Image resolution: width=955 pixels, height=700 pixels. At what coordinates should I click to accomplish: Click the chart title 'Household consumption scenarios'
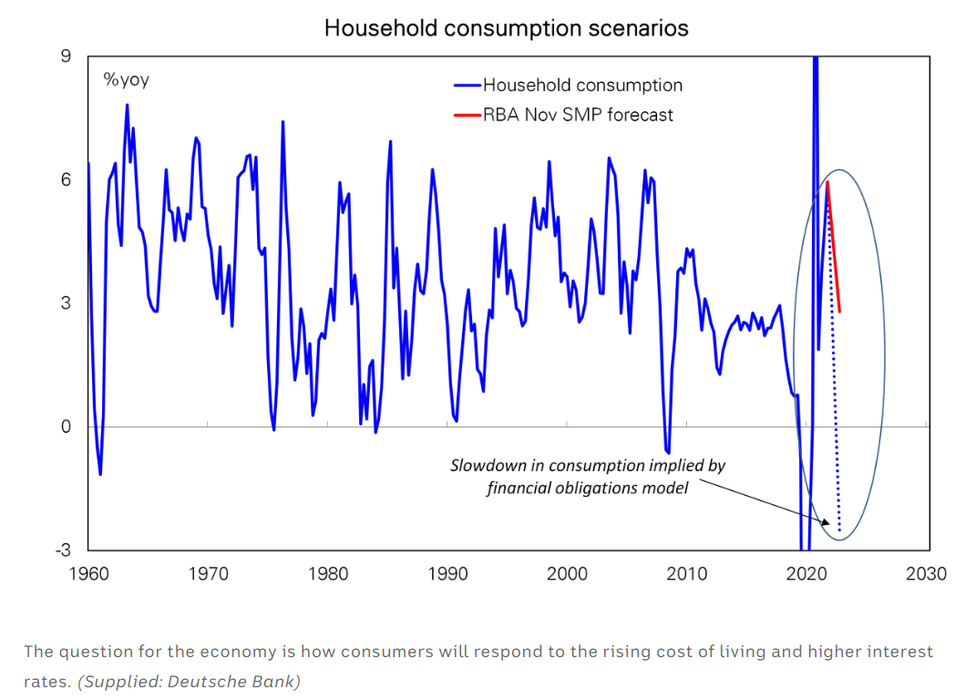click(x=506, y=28)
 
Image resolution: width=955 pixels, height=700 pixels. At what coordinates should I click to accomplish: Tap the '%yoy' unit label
click(x=126, y=80)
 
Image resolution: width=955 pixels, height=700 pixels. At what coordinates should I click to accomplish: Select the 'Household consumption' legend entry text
click(x=582, y=86)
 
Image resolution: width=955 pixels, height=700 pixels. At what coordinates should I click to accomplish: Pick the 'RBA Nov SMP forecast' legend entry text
click(x=578, y=115)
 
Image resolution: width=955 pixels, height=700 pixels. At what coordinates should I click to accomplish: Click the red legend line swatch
click(x=467, y=115)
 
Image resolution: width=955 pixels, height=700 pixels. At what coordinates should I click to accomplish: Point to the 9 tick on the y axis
click(x=66, y=57)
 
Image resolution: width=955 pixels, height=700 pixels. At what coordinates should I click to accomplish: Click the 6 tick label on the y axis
click(x=66, y=180)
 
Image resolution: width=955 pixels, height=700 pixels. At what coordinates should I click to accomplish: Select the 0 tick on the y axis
click(x=66, y=427)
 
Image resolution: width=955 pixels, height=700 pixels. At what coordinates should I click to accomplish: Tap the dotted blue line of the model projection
click(x=836, y=410)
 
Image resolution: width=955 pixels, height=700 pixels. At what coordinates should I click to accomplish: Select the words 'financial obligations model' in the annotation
click(x=587, y=488)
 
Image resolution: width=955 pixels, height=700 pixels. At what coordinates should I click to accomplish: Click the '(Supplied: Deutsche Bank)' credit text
click(x=190, y=681)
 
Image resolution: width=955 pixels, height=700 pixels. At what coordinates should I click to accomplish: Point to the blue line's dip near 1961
click(x=100, y=473)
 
